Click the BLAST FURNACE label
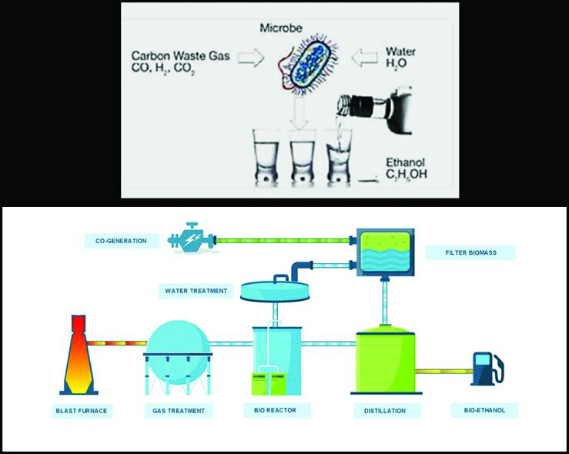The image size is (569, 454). point(81,410)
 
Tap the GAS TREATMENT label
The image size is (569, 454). point(177,410)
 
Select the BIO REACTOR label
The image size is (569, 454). point(276,410)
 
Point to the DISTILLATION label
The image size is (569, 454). point(385,410)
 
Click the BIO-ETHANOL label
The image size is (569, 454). point(484,410)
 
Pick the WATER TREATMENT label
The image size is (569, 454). point(196,291)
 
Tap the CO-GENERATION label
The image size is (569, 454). point(122,240)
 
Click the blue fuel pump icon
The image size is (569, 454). point(486,368)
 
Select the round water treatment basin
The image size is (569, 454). point(276,290)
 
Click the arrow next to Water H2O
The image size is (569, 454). point(364,57)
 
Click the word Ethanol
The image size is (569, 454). point(404,162)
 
